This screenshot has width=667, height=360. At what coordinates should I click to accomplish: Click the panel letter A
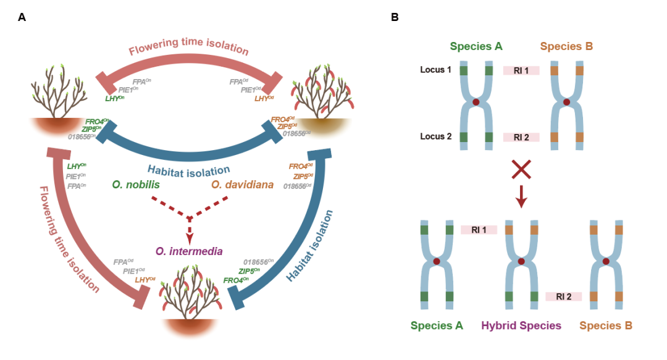point(22,17)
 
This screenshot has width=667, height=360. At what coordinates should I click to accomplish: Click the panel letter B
point(395,17)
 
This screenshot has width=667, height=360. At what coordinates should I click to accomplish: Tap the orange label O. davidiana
point(242,184)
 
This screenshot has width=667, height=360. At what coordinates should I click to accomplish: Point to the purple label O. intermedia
point(189,251)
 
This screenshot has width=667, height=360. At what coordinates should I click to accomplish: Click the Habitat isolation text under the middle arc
point(189,170)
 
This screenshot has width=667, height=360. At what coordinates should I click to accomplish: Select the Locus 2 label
point(437,136)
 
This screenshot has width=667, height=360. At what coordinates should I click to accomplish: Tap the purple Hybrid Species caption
point(522,325)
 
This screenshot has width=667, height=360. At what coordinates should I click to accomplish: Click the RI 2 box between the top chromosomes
point(521,136)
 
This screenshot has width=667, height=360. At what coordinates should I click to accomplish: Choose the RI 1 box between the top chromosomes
point(521,70)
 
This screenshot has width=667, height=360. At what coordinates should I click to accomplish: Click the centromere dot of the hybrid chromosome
point(521,262)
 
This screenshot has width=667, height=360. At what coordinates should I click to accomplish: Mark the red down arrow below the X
point(521,197)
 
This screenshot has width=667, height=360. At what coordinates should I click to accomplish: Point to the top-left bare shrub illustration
point(60,93)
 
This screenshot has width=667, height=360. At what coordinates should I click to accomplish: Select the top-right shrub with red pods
point(319,93)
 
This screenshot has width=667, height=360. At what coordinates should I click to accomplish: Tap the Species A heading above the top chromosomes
point(476,46)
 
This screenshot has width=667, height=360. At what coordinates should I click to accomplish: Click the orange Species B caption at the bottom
point(606,325)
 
